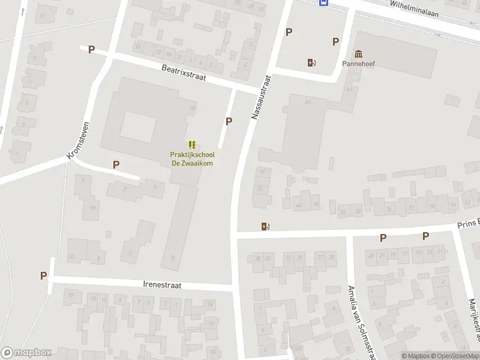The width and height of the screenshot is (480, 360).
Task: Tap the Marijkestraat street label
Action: [472, 321]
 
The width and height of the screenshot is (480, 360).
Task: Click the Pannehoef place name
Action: [359, 63]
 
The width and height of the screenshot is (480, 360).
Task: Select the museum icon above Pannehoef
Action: [359, 53]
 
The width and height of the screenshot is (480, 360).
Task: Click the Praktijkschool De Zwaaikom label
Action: [192, 158]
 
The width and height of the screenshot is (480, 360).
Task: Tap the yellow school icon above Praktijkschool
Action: [192, 145]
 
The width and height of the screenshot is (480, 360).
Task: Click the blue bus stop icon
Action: [324, 2]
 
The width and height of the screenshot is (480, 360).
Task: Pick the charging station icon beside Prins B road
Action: [265, 226]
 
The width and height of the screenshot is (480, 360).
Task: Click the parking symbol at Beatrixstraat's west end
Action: [91, 50]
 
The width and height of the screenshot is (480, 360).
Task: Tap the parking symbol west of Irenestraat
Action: [43, 275]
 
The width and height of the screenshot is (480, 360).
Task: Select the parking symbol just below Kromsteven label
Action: [116, 164]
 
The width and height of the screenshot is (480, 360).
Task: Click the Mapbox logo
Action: [26, 352]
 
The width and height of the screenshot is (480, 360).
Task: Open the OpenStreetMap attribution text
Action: [454, 356]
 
